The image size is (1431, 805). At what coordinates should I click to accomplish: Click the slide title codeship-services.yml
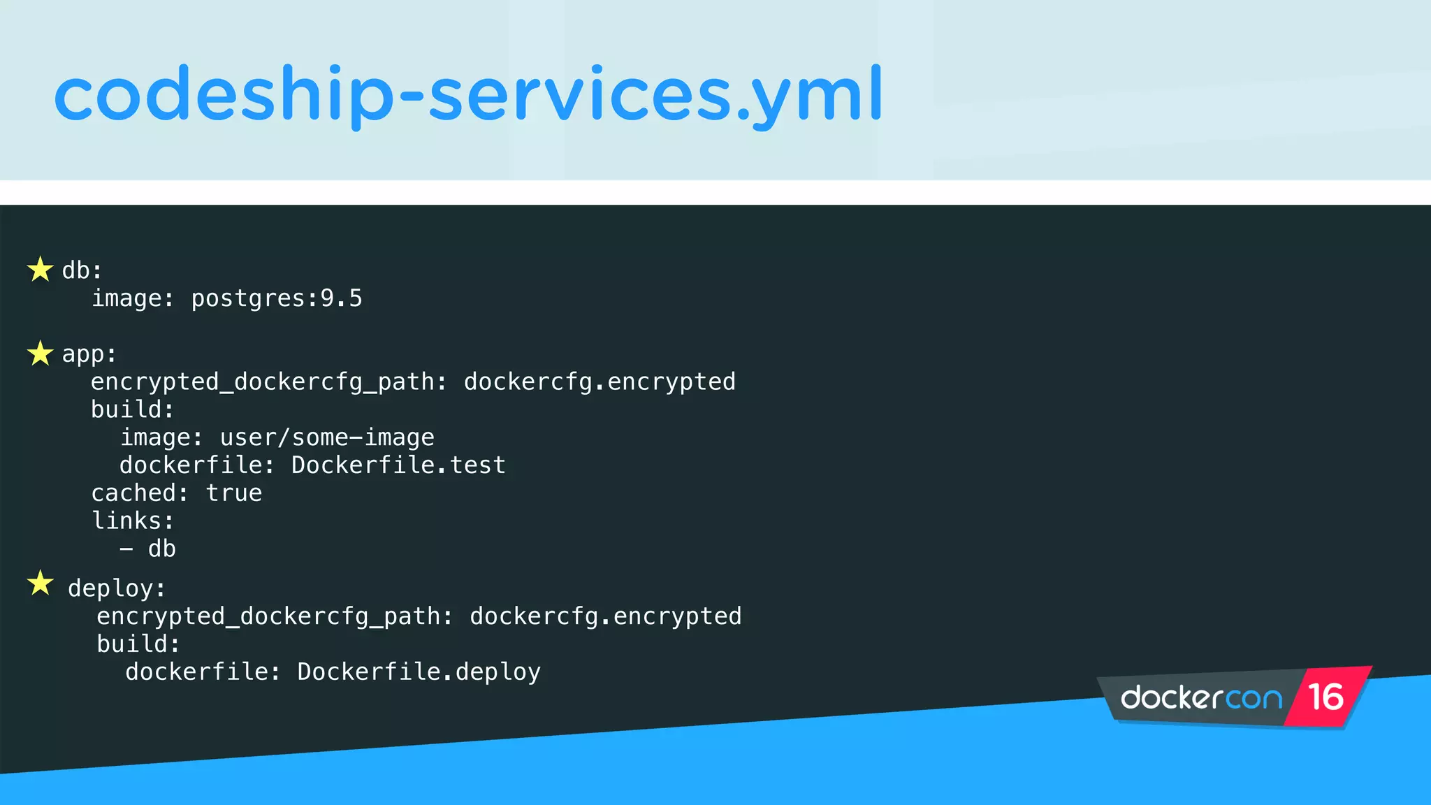pos(468,94)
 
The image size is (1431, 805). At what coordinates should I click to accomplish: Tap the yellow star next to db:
pos(41,269)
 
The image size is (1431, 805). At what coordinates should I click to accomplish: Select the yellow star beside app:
pos(41,353)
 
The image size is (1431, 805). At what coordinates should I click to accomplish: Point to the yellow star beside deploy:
pos(41,583)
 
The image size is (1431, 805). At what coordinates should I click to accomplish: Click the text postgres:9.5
pos(277,298)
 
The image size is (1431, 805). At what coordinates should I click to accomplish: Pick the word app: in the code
pos(89,354)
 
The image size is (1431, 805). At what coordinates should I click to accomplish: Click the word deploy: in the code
pos(117,588)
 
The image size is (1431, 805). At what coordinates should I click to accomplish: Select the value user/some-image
pos(327,437)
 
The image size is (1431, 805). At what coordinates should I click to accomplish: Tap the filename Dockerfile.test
pos(398,465)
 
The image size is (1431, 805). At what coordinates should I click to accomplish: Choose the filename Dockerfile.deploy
pos(419,672)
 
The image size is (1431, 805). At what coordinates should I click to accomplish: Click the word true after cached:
pos(234,493)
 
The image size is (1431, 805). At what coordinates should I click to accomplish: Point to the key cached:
pos(140,493)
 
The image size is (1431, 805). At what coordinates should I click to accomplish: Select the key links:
pos(133,521)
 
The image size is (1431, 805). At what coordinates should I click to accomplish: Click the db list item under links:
pos(161,549)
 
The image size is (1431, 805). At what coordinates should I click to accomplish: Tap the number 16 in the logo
pos(1325,697)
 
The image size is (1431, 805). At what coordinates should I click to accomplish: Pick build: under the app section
pos(132,409)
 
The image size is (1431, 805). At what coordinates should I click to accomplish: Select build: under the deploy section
pos(138,644)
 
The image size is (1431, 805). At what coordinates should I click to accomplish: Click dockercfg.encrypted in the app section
pos(600,382)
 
